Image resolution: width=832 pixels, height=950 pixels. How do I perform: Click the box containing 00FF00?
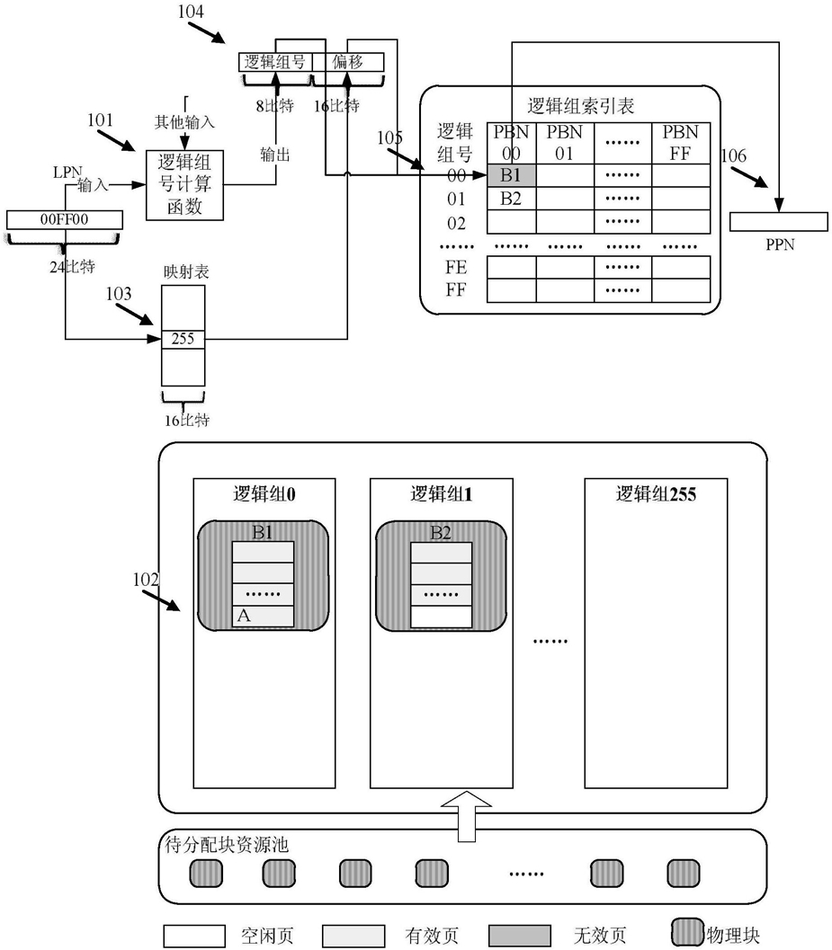64,218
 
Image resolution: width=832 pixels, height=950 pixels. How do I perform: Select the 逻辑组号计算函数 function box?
184,185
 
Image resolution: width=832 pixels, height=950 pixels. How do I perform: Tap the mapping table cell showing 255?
183,339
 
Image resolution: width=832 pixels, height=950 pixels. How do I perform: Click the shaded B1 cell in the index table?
511,174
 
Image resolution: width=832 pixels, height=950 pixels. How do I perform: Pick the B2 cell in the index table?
511,198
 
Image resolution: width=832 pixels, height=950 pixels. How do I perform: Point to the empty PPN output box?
780,221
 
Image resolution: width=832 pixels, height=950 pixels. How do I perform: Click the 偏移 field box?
347,62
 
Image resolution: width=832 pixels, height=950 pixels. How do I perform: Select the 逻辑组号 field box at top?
274,62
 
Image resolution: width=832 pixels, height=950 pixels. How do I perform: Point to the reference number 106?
734,155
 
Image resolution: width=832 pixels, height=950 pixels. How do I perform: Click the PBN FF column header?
680,142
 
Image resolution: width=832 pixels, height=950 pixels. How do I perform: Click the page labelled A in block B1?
263,617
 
